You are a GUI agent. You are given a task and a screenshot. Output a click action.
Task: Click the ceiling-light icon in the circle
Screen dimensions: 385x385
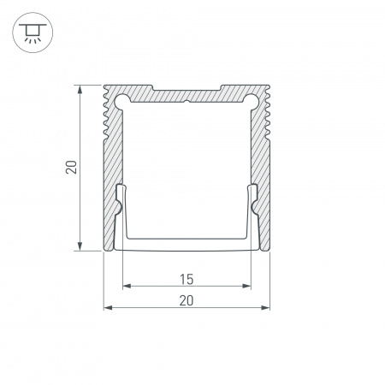tap(33, 33)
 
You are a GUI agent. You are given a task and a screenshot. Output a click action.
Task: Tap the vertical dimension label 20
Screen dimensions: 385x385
tap(71, 168)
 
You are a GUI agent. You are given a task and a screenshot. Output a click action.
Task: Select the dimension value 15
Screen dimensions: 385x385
tap(187, 280)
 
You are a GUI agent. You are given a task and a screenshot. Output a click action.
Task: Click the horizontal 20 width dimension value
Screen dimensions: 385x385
tap(187, 301)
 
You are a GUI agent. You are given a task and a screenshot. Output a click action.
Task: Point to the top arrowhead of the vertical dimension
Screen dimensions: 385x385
tap(80, 89)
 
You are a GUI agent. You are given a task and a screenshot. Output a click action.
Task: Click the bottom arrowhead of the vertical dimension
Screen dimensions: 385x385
tap(80, 246)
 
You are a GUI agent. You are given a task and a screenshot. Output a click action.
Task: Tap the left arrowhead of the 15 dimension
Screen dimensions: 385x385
tap(127, 286)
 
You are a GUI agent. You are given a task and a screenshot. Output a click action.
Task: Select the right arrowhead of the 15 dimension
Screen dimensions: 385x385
tap(246, 286)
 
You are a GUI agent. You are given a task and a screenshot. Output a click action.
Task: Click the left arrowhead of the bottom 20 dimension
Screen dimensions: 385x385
tap(108, 307)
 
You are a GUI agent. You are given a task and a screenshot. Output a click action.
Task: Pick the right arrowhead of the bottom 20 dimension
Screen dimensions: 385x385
tap(265, 307)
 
